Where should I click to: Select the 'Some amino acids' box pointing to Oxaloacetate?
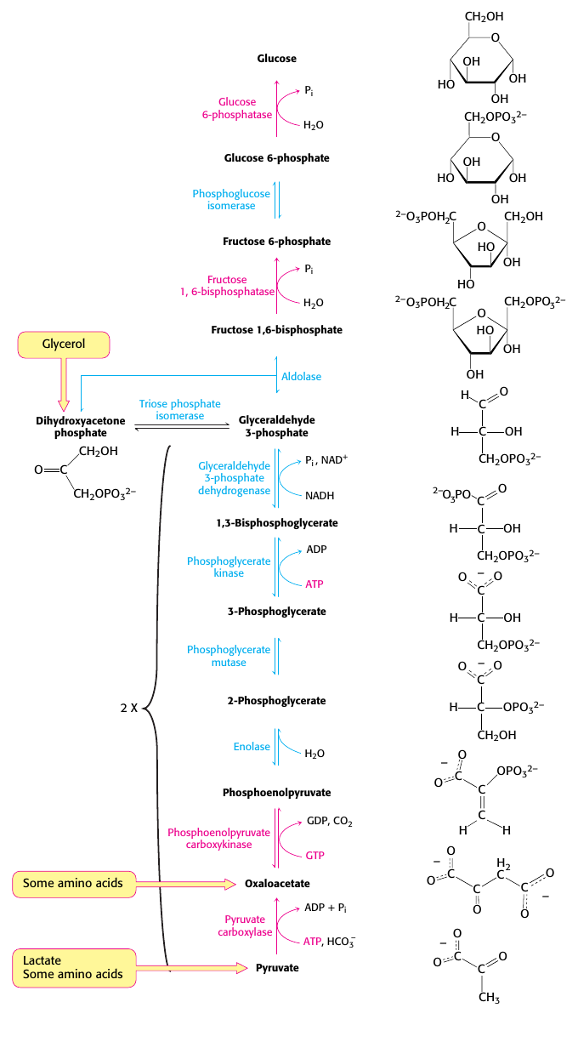(x=74, y=883)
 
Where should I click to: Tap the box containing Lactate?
(x=74, y=967)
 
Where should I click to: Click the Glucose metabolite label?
(x=277, y=59)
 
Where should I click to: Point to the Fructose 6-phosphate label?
(x=277, y=242)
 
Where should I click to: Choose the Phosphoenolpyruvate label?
(x=277, y=792)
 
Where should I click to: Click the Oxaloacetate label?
(x=277, y=884)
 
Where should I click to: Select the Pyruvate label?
(x=277, y=968)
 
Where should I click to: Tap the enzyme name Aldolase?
(x=302, y=376)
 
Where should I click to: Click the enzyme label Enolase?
(x=252, y=747)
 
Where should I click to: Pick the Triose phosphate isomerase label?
(x=179, y=410)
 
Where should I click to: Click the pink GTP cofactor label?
(x=314, y=855)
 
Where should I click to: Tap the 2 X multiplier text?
(x=128, y=708)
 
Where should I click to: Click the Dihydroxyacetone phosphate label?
(x=71, y=427)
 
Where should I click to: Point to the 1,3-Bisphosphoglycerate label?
(x=277, y=522)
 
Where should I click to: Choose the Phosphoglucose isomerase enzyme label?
(x=231, y=199)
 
